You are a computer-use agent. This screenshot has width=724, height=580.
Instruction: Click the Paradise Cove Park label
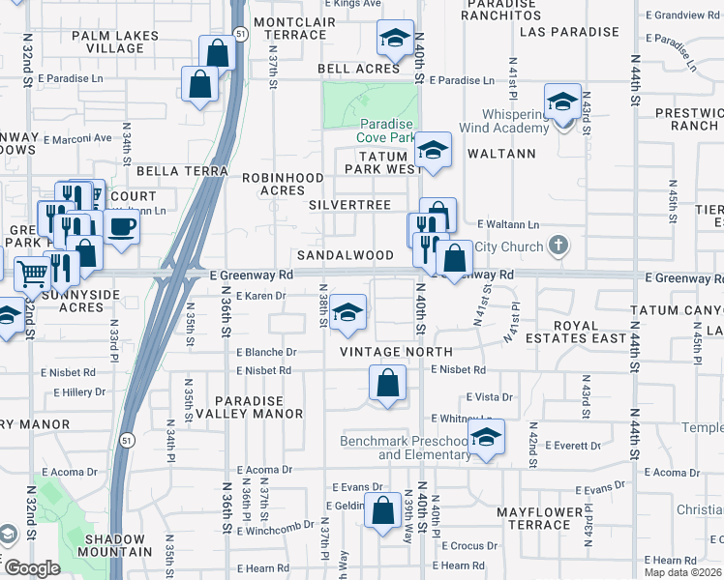(x=387, y=131)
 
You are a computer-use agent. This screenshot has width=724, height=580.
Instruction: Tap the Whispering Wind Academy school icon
(x=561, y=101)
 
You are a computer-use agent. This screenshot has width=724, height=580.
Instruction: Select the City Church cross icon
(x=558, y=246)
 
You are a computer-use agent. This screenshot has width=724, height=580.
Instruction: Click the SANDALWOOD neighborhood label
(x=346, y=255)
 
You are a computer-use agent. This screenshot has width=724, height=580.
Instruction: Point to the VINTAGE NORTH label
(x=383, y=352)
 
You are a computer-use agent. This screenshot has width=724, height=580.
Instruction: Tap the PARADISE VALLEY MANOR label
(x=250, y=407)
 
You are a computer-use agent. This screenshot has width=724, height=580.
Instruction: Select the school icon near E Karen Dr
(x=347, y=311)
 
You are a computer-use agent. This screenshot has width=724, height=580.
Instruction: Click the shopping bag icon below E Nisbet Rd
(x=387, y=383)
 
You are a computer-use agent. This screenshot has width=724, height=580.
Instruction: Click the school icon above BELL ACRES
(x=394, y=38)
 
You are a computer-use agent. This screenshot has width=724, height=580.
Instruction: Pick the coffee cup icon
(x=122, y=227)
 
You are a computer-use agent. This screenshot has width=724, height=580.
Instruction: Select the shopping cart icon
(x=32, y=274)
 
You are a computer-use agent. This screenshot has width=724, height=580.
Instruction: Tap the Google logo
(x=32, y=568)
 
